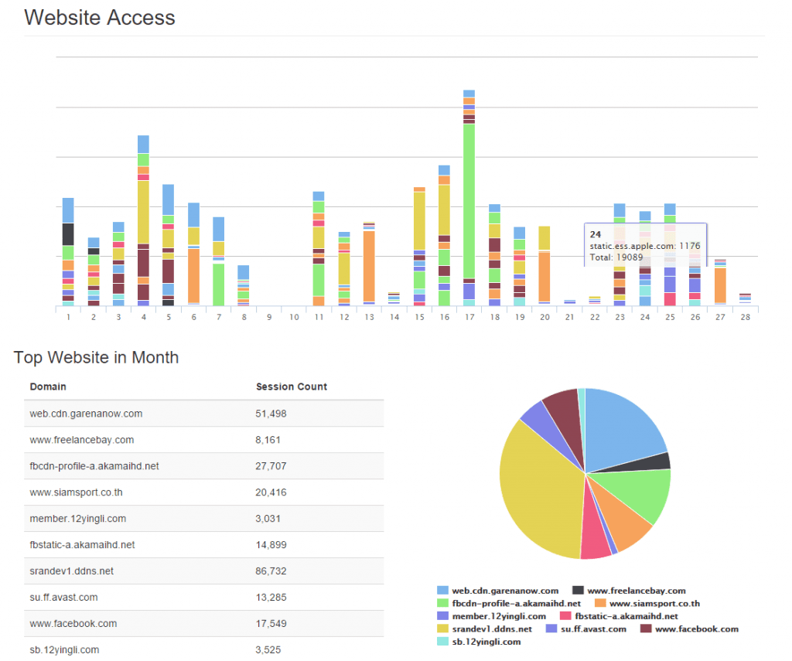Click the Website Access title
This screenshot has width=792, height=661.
(x=100, y=18)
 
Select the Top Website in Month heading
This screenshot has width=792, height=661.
(x=96, y=357)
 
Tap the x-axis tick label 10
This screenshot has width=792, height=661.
(x=294, y=317)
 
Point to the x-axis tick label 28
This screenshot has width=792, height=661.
(x=745, y=317)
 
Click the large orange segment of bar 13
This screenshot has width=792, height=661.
(x=369, y=265)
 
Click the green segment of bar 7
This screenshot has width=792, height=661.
(x=218, y=284)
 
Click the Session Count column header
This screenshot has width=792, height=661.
(x=292, y=387)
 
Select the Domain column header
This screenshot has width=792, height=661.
(x=48, y=387)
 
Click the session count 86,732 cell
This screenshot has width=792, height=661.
(x=271, y=571)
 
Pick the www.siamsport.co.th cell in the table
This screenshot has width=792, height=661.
(x=76, y=492)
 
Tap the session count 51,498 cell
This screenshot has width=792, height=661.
(x=271, y=414)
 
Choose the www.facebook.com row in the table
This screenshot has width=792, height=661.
(x=73, y=623)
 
